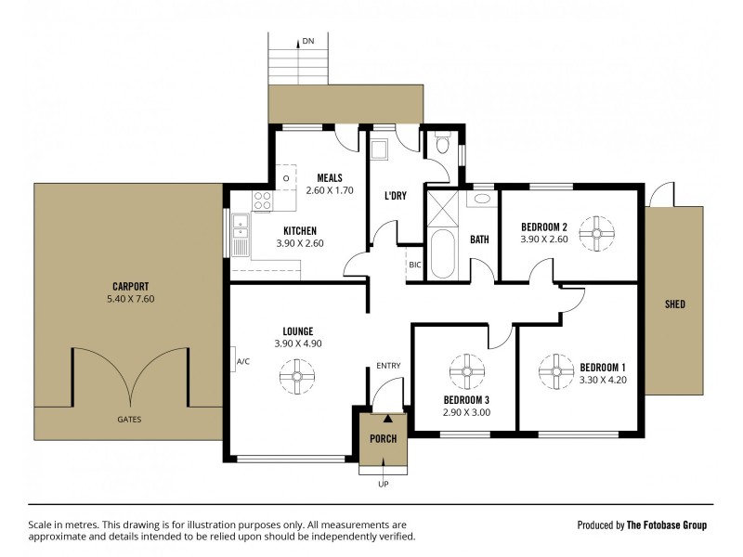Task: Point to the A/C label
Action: (x=243, y=362)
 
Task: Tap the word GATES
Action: (x=129, y=419)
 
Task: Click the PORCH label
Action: (x=383, y=438)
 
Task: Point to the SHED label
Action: (x=675, y=304)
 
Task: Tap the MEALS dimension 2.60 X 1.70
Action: (x=330, y=191)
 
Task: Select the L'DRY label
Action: (x=398, y=196)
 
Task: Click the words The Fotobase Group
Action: (x=667, y=525)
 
